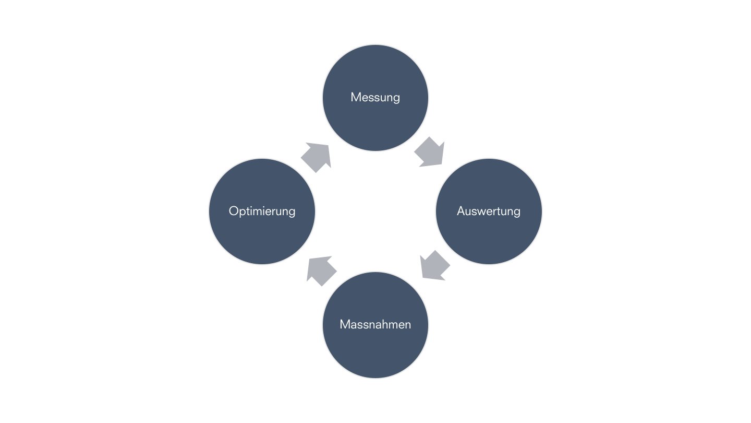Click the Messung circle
[x=375, y=120]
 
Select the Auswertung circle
[x=489, y=235]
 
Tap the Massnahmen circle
[x=375, y=347]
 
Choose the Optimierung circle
[x=262, y=235]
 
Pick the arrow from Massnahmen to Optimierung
[x=321, y=270]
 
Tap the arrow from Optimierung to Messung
[x=316, y=157]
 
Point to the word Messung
[x=375, y=97]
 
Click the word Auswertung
[x=489, y=211]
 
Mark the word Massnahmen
[x=375, y=324]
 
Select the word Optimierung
[x=262, y=211]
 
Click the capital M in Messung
[x=356, y=97]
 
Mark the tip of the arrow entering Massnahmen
[x=422, y=277]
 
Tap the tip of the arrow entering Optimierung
[x=309, y=258]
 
